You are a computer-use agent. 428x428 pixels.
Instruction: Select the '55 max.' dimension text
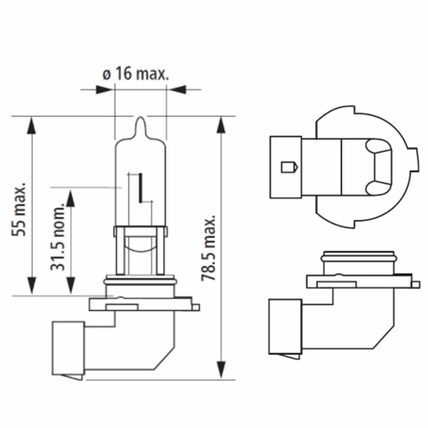19,209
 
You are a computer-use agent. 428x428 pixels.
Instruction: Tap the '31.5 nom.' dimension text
57,238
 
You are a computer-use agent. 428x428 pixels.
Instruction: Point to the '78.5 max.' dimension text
208,248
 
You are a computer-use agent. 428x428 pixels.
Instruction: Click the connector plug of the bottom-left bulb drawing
68,349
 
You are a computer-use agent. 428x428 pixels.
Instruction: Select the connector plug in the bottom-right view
285,326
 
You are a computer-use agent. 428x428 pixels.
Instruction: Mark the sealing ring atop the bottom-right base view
359,258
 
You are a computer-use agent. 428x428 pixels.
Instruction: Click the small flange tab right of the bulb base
195,307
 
